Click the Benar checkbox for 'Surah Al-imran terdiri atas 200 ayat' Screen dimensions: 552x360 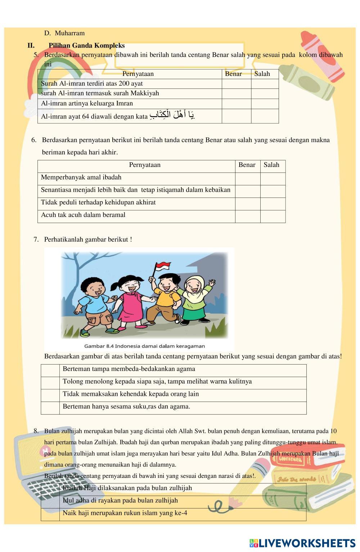[x=236, y=84]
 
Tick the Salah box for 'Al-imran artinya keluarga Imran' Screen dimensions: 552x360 [x=265, y=104]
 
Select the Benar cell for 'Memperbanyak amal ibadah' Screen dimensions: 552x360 [x=248, y=179]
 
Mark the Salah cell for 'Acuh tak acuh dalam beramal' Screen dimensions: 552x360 [x=273, y=216]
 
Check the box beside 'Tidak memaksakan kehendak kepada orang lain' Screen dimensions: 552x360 [x=50, y=395]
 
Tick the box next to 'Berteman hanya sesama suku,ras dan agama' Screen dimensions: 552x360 [x=50, y=408]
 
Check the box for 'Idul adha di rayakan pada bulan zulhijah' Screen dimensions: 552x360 [x=50, y=502]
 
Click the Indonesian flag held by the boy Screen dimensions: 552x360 [x=162, y=267]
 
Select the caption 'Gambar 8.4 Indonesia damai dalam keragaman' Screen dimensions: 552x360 [x=144, y=346]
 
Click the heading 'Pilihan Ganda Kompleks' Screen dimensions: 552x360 [x=86, y=46]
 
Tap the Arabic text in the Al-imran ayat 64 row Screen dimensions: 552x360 [x=172, y=116]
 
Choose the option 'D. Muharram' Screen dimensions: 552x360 [x=64, y=33]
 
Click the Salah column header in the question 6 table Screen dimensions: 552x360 [x=271, y=165]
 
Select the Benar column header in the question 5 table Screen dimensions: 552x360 [x=233, y=74]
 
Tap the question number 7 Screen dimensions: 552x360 [x=36, y=240]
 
